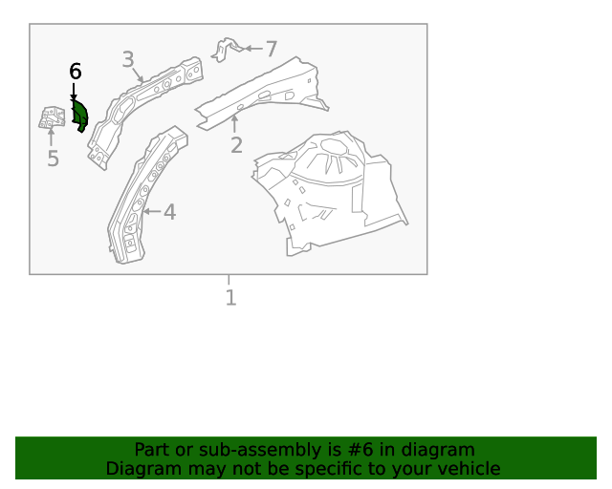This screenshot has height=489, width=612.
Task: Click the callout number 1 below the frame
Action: [230, 298]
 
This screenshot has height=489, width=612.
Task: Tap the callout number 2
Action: [236, 146]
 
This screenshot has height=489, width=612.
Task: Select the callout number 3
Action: [128, 60]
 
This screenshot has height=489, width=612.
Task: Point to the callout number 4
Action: [169, 212]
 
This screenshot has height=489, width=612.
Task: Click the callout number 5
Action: [53, 159]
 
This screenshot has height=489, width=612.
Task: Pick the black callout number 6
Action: [76, 72]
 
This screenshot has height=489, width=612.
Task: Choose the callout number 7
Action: [271, 49]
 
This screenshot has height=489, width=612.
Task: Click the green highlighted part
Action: [80, 116]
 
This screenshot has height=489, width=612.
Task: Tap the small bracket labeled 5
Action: [51, 117]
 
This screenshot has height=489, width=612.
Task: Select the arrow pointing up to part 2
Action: [234, 123]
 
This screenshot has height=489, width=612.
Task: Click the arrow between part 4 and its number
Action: [151, 211]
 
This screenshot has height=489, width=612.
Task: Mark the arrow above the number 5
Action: [52, 138]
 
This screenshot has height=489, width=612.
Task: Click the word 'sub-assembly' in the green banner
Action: [241, 450]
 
